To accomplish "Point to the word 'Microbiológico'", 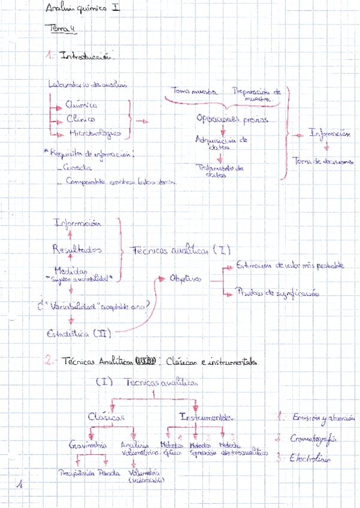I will click(x=94, y=133).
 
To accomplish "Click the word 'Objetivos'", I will click(x=185, y=279).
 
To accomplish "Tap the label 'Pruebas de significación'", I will click(x=277, y=294).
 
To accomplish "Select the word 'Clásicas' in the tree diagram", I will click(x=106, y=416).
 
